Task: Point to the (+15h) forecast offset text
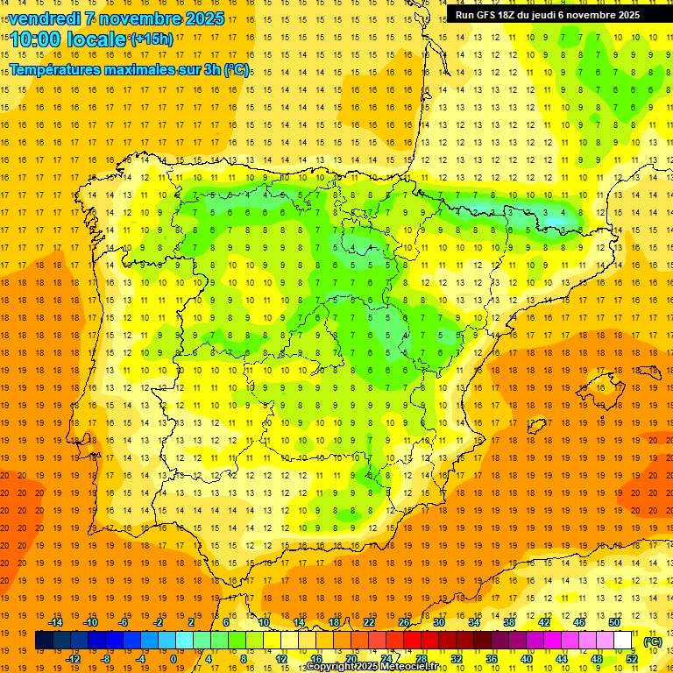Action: pos(152,39)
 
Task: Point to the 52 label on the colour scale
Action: pos(632,659)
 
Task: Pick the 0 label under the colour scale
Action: pos(174,659)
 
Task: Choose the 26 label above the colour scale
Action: pos(404,622)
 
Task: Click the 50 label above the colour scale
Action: pos(614,622)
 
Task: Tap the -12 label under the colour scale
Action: pos(73,659)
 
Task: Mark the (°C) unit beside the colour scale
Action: pos(653,641)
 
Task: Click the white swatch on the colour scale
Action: pos(623,641)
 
